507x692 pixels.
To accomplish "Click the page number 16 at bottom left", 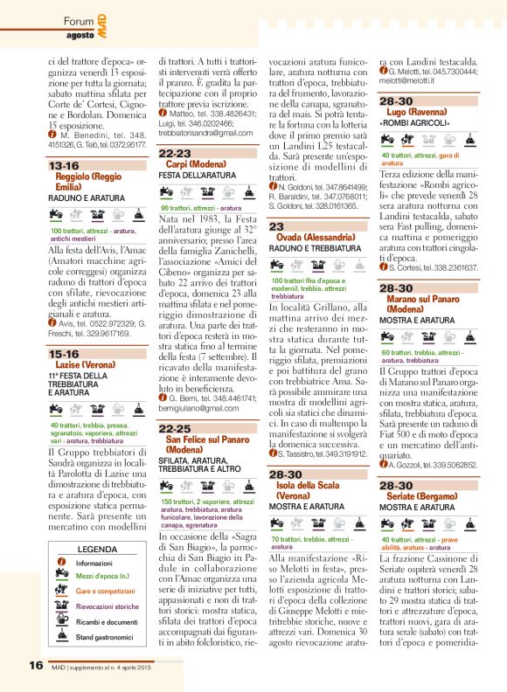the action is pos(36,665).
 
